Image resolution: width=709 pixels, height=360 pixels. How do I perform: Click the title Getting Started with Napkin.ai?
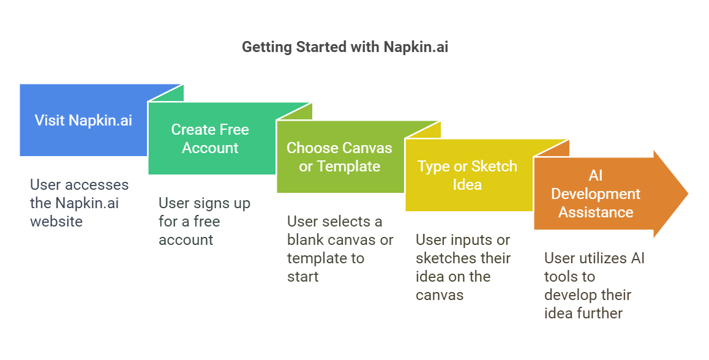click(x=345, y=47)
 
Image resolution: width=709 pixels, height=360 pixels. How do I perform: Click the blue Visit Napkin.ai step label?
click(x=83, y=120)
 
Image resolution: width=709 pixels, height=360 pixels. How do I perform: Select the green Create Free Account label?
click(x=210, y=138)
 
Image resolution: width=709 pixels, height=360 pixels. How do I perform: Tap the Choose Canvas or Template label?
click(x=339, y=157)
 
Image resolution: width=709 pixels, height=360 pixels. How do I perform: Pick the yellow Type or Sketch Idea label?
click(x=467, y=175)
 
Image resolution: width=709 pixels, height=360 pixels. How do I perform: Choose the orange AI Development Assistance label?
click(x=595, y=193)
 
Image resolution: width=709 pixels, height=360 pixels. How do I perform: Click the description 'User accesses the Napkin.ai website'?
click(x=80, y=203)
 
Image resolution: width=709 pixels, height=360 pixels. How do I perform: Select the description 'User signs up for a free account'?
click(x=204, y=221)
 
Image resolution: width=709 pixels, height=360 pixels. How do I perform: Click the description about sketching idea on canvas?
click(x=462, y=267)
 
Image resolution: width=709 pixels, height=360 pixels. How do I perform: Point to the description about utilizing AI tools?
click(x=594, y=285)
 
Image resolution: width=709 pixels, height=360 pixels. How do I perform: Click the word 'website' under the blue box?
click(x=56, y=221)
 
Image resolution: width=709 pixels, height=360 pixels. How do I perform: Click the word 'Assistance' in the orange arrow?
click(x=595, y=212)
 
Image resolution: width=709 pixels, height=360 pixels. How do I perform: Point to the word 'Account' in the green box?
click(x=210, y=148)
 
